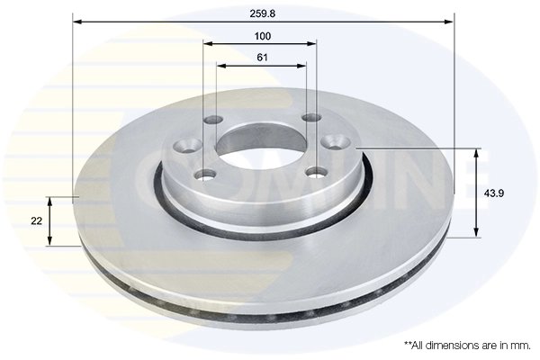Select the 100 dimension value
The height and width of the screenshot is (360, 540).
pos(263,36)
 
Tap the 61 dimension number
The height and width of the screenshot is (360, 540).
pos(263,58)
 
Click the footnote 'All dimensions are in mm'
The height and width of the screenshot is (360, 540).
pos(466,345)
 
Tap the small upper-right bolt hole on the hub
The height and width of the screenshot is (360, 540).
pos(310,119)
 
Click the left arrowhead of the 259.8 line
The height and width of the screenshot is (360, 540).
pos(76,22)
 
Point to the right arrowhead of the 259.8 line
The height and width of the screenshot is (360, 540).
pos(450,22)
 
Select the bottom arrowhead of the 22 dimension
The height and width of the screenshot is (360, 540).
pos(49,240)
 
